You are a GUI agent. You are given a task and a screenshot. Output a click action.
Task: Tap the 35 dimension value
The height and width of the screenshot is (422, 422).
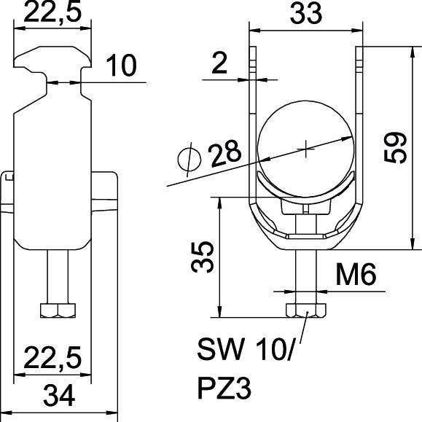point(206,257)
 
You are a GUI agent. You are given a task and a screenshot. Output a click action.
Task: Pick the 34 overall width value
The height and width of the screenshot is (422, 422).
point(60,397)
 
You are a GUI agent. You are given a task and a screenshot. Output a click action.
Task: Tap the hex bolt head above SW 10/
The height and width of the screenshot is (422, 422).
point(305,310)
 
